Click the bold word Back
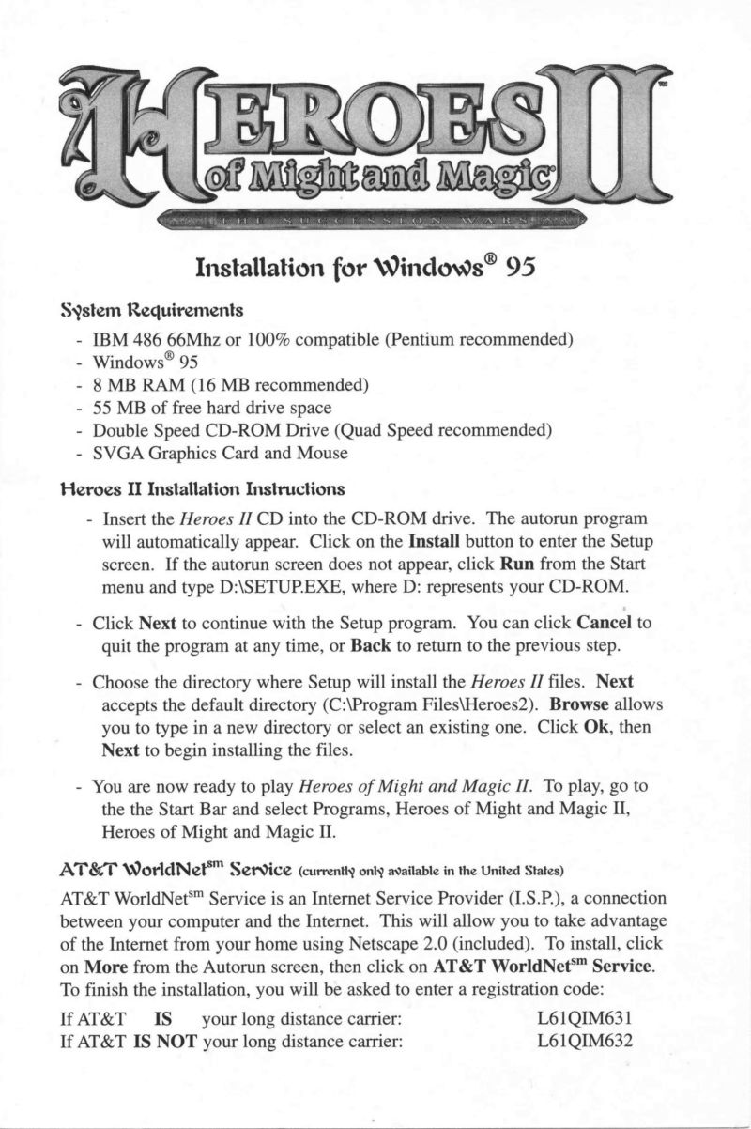370,645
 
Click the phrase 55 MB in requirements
118,408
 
